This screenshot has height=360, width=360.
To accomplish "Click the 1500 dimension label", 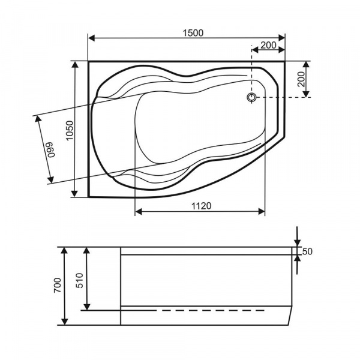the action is (193, 33).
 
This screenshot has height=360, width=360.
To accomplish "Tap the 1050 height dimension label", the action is (70, 130).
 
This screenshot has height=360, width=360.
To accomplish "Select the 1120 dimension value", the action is (202, 206).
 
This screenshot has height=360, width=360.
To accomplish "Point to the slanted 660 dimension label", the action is (51, 149).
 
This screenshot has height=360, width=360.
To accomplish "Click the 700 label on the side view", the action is (58, 285).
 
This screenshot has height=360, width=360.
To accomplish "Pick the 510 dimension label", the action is (80, 280).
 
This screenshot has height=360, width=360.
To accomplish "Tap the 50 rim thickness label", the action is (307, 251).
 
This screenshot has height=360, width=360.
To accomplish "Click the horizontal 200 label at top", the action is (268, 45).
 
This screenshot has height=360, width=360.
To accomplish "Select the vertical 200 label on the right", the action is (301, 79).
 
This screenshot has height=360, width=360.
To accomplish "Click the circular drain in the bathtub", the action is (252, 97).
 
